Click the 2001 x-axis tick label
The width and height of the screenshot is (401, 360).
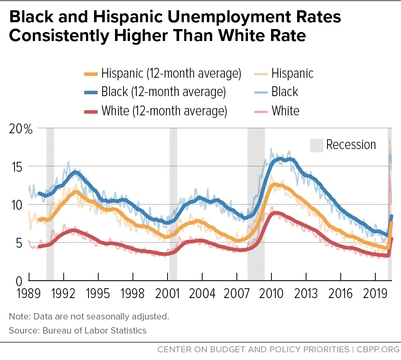(x=168, y=294)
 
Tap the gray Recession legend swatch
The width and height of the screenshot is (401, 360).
(x=316, y=145)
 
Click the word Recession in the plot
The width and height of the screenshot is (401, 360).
(x=351, y=145)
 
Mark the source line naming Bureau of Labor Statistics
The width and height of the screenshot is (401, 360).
(x=77, y=330)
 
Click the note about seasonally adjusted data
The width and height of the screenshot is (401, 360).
(x=88, y=316)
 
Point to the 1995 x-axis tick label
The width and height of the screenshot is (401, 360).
(x=98, y=294)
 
